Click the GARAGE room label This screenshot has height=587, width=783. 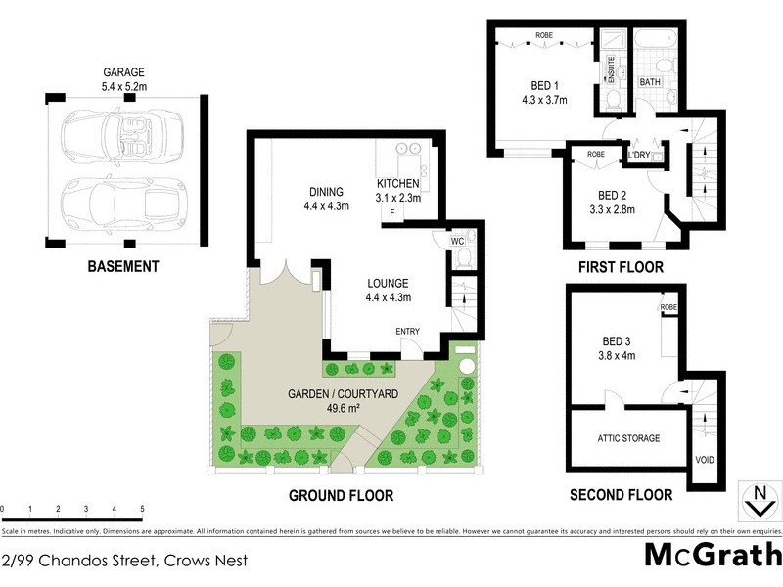pos(124,72)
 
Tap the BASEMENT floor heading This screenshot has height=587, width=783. pos(122,266)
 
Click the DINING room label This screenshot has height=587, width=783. pos(326,193)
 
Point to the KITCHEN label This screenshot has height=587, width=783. pos(398,183)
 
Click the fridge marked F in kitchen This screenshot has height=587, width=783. pos(392,212)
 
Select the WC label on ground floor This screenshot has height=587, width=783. pos(457,241)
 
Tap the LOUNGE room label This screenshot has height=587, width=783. pos(388,284)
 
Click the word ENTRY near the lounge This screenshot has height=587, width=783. pos(407,332)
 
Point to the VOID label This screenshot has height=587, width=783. pos(704,459)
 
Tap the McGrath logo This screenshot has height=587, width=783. pos(713,555)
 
